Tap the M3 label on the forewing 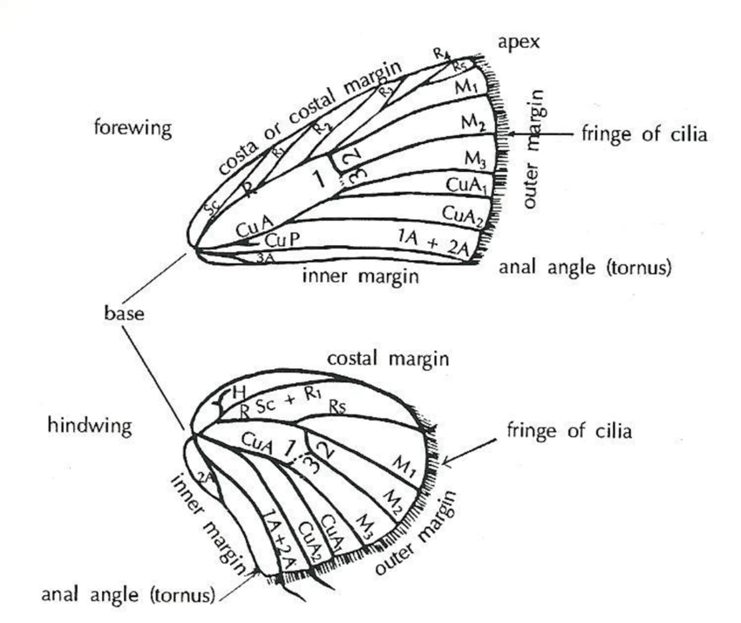pos(472,161)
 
